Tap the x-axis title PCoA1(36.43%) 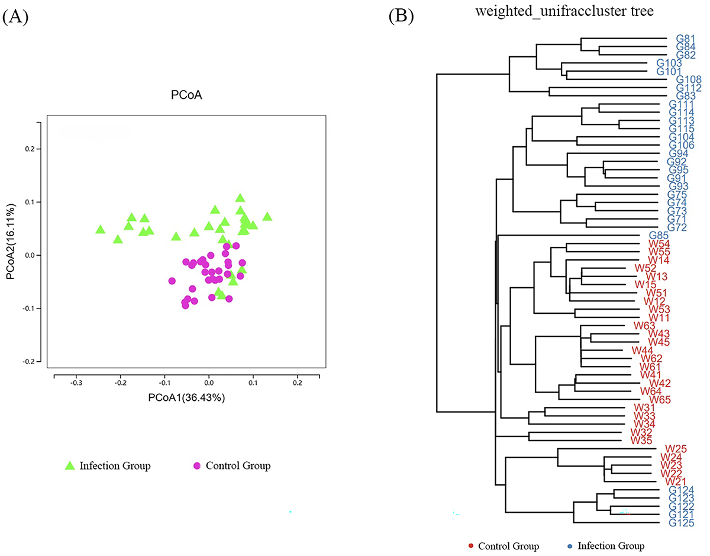point(186,397)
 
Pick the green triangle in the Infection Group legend point(70,466)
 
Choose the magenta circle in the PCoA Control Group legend point(196,466)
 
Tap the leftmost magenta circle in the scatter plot point(172,281)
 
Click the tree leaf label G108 point(689,79)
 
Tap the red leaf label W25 point(675,449)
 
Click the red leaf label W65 point(659,399)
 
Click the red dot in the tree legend point(470,545)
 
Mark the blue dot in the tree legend point(569,545)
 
